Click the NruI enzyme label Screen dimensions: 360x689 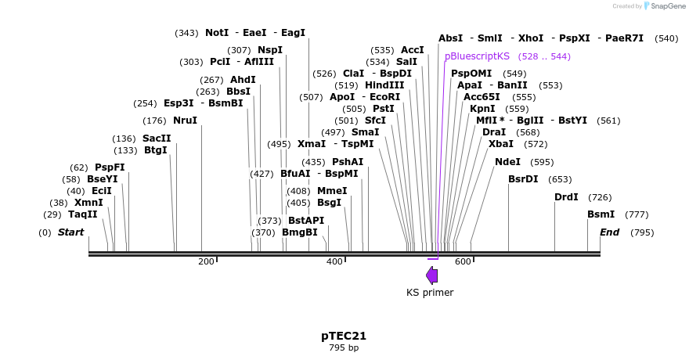[x=186, y=121]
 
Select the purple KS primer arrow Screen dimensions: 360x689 [x=431, y=275]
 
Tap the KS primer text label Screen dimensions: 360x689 [x=430, y=293]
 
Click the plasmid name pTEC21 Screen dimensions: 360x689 [x=344, y=336]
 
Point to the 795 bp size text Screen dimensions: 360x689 [x=344, y=347]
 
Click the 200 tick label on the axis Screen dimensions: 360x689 [x=206, y=261]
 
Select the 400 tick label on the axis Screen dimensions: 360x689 [x=334, y=261]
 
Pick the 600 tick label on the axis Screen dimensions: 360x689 [x=463, y=261]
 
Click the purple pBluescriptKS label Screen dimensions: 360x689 [x=477, y=56]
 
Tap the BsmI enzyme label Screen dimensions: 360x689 [x=601, y=214]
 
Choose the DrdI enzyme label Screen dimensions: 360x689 [x=566, y=197]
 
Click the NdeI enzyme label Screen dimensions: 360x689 [x=507, y=162]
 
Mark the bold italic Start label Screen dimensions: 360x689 [x=70, y=232]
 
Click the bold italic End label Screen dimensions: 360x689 [x=609, y=232]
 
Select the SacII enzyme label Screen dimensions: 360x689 [x=157, y=139]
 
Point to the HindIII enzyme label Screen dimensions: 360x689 [x=384, y=85]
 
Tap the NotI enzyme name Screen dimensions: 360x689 [x=217, y=33]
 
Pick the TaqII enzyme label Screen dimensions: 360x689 [x=83, y=214]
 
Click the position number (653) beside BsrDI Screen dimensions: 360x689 [x=560, y=180]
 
